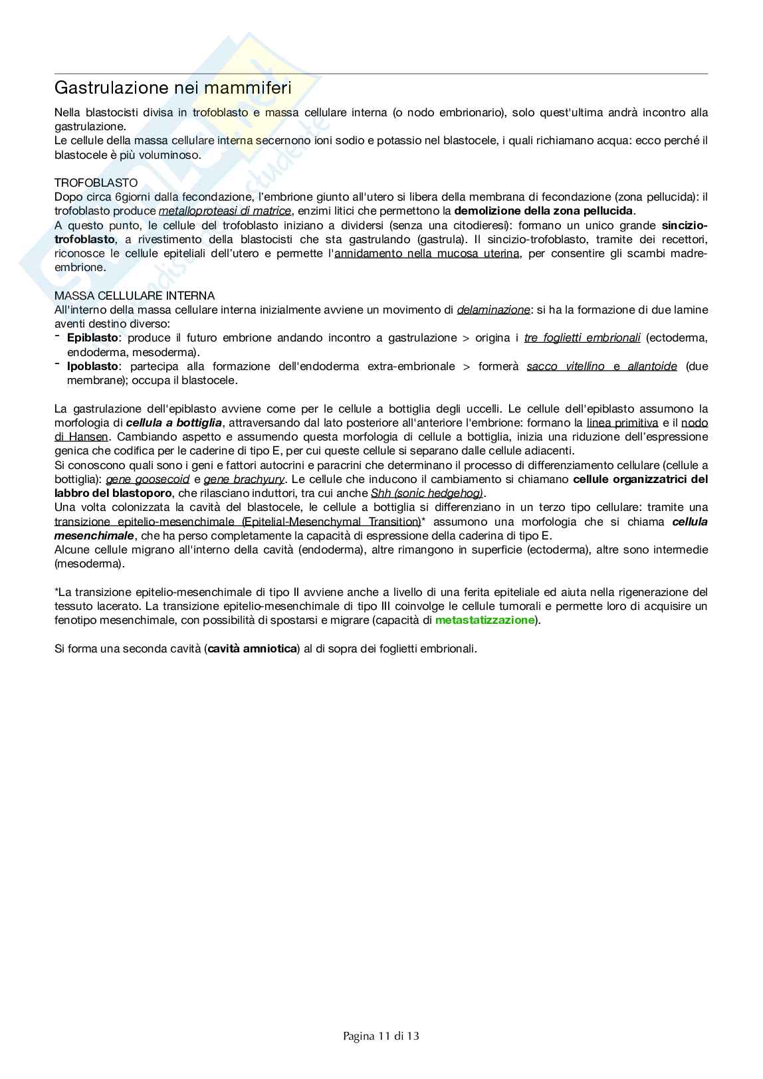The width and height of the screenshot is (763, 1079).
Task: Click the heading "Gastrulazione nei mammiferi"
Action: [x=173, y=88]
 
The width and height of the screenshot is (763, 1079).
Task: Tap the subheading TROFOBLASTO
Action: [x=96, y=183]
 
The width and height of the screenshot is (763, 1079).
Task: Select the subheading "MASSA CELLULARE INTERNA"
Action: [x=134, y=296]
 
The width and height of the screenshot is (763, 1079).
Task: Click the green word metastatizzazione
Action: [x=485, y=620]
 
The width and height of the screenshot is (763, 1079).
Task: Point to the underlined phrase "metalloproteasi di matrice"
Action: [x=225, y=211]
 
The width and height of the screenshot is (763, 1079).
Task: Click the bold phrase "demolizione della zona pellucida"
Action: [x=543, y=211]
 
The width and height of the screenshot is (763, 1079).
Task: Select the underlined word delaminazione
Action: [x=493, y=310]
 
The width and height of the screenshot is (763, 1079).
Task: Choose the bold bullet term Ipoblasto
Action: [x=93, y=366]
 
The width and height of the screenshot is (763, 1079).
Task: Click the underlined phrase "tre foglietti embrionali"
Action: [x=582, y=338]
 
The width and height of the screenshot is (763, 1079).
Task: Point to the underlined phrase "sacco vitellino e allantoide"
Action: [x=601, y=366]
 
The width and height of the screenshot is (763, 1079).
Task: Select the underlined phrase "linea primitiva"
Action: [x=622, y=423]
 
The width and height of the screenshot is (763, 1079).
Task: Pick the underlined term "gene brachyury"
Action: [x=244, y=479]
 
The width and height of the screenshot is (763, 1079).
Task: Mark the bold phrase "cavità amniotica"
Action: [x=252, y=648]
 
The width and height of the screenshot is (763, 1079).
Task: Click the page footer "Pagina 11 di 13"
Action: [x=381, y=1036]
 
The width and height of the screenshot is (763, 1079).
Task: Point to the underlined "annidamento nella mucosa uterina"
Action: [x=427, y=253]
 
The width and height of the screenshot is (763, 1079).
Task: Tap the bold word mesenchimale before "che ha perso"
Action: [x=94, y=536]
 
